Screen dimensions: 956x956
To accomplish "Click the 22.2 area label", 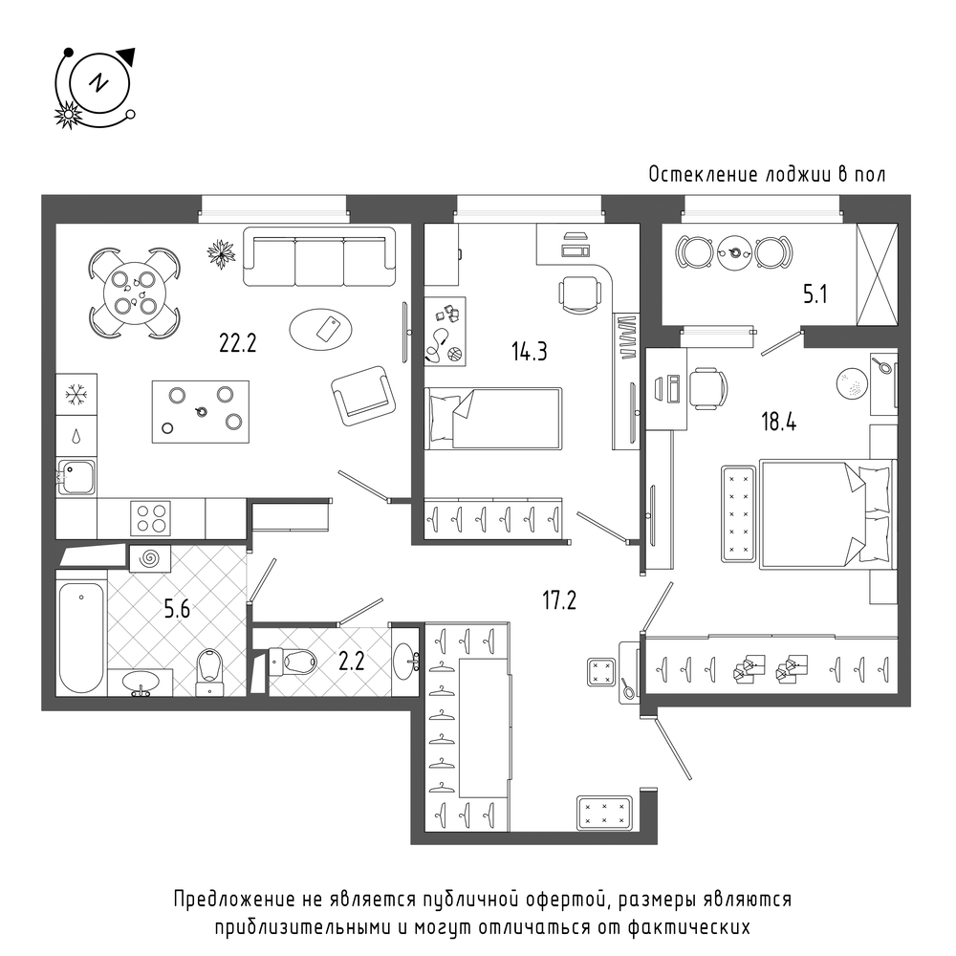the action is point(238,344).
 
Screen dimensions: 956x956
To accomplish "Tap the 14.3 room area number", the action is point(530,352).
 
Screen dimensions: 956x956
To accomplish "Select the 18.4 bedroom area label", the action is point(778,422).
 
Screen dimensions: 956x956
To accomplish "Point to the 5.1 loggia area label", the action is point(815,295).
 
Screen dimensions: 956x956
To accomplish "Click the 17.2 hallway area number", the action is point(559,600).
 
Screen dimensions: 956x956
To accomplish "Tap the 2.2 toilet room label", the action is point(351,662).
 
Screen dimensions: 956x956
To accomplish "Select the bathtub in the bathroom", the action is point(81,638).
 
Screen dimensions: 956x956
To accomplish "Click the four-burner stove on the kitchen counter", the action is point(151,518).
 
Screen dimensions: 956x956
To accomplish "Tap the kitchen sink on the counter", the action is point(76,477).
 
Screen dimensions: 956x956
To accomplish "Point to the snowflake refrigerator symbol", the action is point(76,395).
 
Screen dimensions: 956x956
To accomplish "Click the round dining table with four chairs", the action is point(135,293).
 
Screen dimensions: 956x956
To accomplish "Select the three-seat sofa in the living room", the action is point(319,256).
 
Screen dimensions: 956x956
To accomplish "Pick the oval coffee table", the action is point(320,329).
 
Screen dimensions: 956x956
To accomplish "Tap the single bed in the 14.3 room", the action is point(492,419).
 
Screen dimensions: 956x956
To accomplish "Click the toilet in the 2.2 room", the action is point(293,661).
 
